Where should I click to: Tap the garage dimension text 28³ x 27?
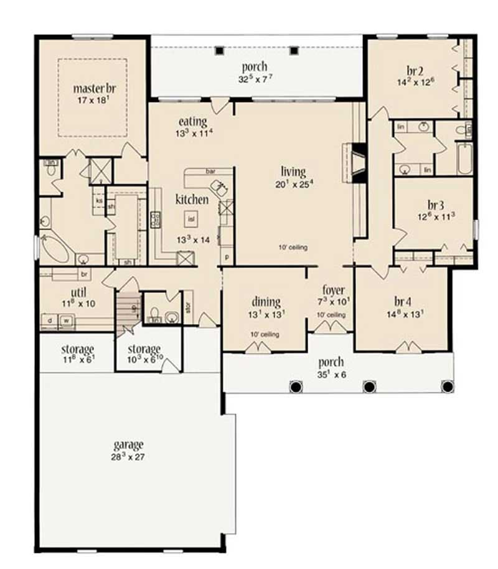click(129, 456)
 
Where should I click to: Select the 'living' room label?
click(293, 172)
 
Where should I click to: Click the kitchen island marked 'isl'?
click(192, 218)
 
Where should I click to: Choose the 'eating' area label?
click(192, 121)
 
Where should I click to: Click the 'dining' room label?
click(266, 302)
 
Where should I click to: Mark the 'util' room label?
click(78, 292)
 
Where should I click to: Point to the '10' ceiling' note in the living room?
click(293, 247)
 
